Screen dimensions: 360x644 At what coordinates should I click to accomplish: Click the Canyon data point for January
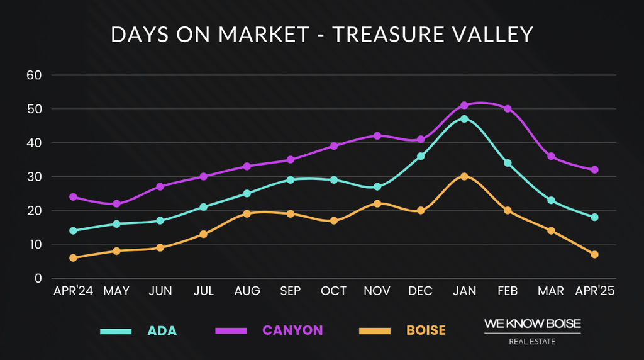click(x=464, y=105)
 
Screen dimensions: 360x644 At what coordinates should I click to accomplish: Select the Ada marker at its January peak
click(x=464, y=118)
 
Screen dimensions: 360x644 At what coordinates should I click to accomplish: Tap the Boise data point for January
click(x=464, y=176)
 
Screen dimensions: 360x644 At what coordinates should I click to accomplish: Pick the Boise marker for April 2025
click(x=594, y=254)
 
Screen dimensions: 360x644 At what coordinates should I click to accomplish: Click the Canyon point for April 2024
click(x=74, y=197)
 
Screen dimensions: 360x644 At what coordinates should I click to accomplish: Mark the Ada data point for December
click(x=421, y=156)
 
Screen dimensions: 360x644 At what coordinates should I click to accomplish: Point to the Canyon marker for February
click(x=508, y=109)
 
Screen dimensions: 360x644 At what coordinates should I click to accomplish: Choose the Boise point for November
click(x=377, y=203)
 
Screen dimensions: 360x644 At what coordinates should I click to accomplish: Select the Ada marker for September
click(x=291, y=180)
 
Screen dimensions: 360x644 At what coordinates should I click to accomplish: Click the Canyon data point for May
click(x=117, y=204)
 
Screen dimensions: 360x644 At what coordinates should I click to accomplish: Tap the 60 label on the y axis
click(x=33, y=75)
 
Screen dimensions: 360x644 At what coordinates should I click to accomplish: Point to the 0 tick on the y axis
click(x=38, y=278)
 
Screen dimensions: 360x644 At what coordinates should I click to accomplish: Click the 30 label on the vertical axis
click(x=33, y=177)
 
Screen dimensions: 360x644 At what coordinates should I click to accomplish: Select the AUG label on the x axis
click(x=247, y=291)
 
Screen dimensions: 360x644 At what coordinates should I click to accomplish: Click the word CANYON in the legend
click(x=292, y=330)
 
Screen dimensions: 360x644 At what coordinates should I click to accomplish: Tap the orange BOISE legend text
click(x=426, y=330)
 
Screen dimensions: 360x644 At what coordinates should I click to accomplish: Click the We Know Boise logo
click(x=532, y=331)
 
